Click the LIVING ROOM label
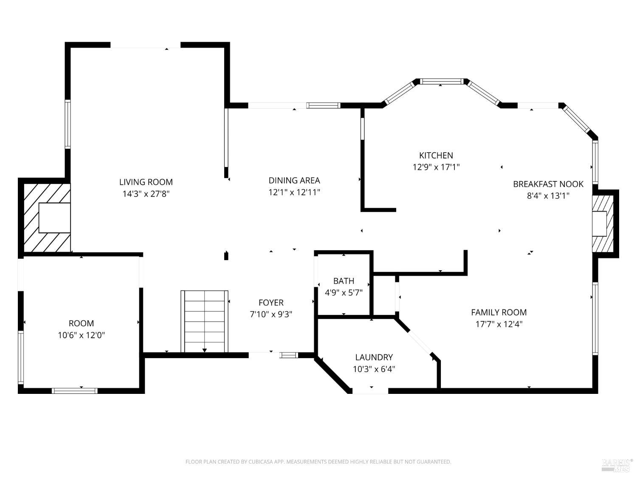click(146, 182)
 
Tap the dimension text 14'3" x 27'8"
click(146, 194)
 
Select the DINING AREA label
click(294, 180)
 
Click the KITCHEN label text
click(436, 155)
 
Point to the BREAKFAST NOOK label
click(548, 184)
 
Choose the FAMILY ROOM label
click(499, 312)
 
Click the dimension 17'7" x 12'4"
click(499, 324)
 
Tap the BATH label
click(343, 281)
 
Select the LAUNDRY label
click(374, 357)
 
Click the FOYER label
click(271, 303)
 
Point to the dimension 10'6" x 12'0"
click(81, 335)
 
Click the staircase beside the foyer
click(205, 321)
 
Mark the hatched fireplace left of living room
click(47, 218)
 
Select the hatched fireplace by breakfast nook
click(603, 223)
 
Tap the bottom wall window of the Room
click(75, 390)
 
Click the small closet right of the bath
click(384, 296)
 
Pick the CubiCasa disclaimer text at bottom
click(318, 461)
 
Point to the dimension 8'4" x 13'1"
click(548, 196)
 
